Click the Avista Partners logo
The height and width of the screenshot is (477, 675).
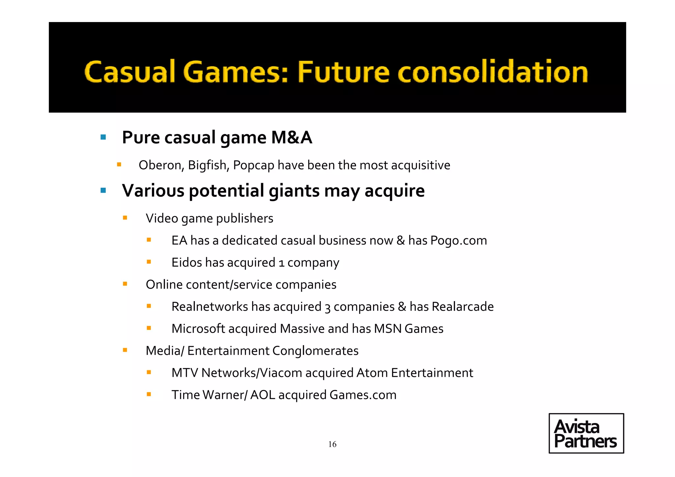pos(586,433)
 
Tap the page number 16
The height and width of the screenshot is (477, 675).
pos(332,444)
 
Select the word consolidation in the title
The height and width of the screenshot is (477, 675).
pos(493,72)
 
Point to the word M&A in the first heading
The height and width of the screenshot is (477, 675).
pos(291,137)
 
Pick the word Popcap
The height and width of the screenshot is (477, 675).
pos(253,165)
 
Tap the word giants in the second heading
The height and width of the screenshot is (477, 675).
pos(294,191)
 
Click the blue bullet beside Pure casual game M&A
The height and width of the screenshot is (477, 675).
pos(103,137)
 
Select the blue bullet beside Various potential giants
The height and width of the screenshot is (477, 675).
pos(103,190)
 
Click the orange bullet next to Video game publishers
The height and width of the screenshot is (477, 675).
pos(125,218)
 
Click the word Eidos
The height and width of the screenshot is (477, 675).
pos(187,263)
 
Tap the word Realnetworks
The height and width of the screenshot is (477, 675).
pos(210,307)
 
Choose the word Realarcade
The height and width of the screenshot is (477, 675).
pos(463,307)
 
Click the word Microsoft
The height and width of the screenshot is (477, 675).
pos(198,329)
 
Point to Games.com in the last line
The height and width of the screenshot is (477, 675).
pos(363,395)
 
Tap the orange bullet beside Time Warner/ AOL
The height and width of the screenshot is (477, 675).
pos(149,394)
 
